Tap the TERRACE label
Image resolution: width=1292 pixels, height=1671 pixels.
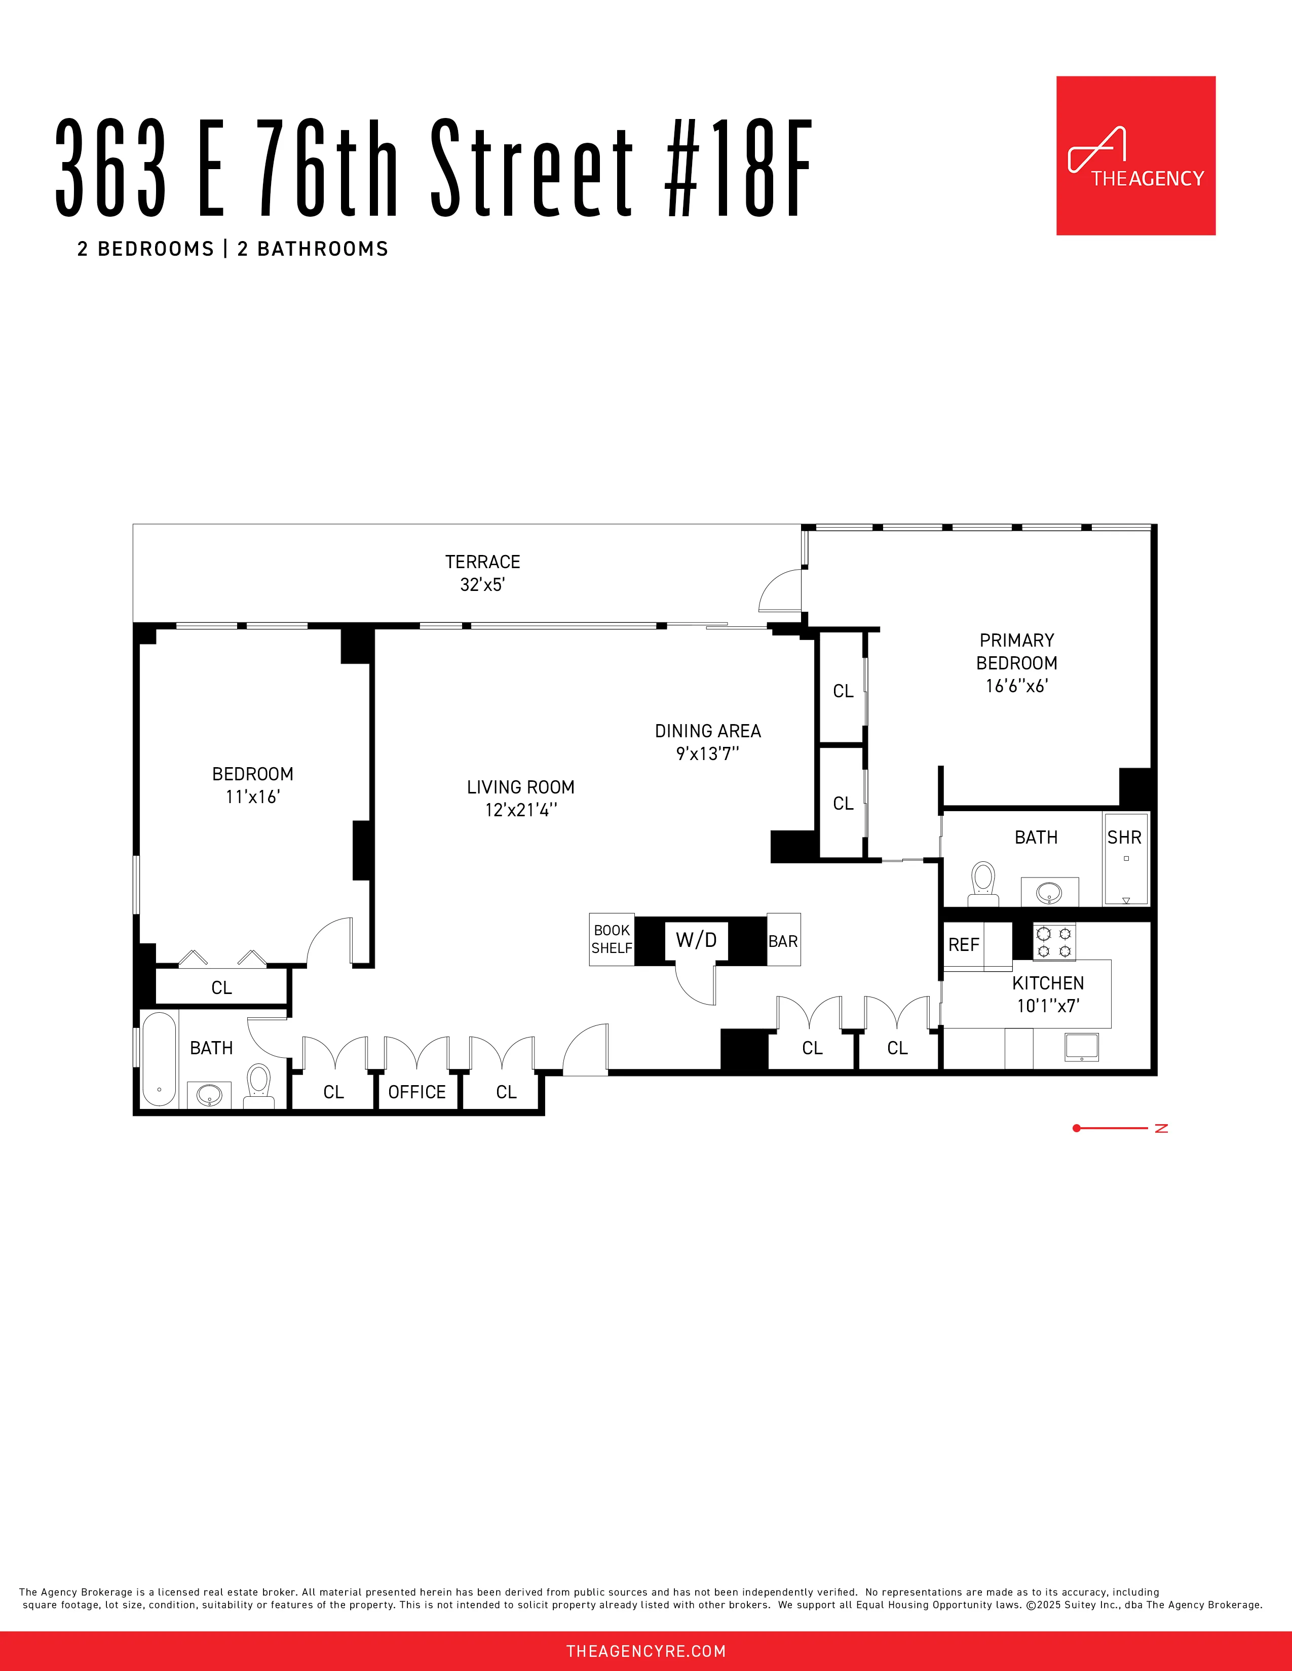click(x=482, y=562)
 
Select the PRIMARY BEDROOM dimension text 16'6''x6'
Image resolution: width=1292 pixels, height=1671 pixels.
click(x=1016, y=686)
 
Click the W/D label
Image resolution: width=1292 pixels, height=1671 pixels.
click(x=696, y=939)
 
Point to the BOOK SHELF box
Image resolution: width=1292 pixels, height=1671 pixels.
click(x=612, y=939)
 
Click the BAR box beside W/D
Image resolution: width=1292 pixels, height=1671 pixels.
click(x=783, y=940)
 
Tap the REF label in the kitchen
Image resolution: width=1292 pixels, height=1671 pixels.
click(x=963, y=945)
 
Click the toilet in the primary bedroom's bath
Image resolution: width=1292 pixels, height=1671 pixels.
click(x=983, y=883)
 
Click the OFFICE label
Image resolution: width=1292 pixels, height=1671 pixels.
click(x=416, y=1092)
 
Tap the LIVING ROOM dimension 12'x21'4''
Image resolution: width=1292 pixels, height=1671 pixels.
click(x=520, y=810)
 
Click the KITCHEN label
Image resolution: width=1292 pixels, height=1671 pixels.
click(x=1047, y=983)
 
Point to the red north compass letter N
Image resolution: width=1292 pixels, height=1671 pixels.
click(x=1161, y=1129)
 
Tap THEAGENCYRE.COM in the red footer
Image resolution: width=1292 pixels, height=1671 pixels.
click(x=645, y=1651)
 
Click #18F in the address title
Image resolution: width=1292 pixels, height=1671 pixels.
click(x=737, y=168)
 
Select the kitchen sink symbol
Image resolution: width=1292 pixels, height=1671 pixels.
click(x=1081, y=1047)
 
